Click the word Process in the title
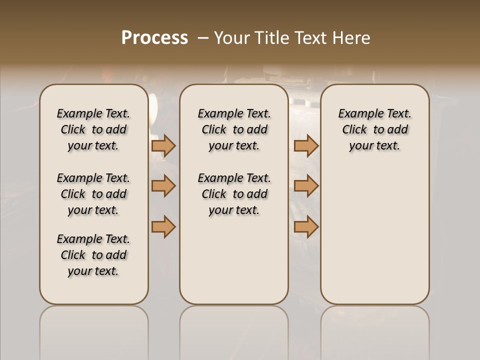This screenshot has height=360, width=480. (x=154, y=38)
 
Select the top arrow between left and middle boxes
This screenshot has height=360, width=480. (x=163, y=145)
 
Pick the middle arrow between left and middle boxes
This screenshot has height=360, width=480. (x=163, y=186)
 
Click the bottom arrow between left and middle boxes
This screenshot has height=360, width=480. (x=163, y=226)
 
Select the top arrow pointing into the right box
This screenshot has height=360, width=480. (x=306, y=145)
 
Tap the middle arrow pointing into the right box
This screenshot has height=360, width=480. (x=306, y=186)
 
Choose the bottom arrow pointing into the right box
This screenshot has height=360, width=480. (x=306, y=226)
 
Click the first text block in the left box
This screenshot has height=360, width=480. (x=93, y=129)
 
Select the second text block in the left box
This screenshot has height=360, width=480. (x=93, y=194)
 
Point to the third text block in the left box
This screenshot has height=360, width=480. (x=93, y=255)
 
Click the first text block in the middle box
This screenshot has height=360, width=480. (x=234, y=129)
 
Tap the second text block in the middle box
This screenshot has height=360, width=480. (x=234, y=194)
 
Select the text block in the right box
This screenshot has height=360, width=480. (x=374, y=129)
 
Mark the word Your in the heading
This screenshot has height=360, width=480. (x=229, y=38)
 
